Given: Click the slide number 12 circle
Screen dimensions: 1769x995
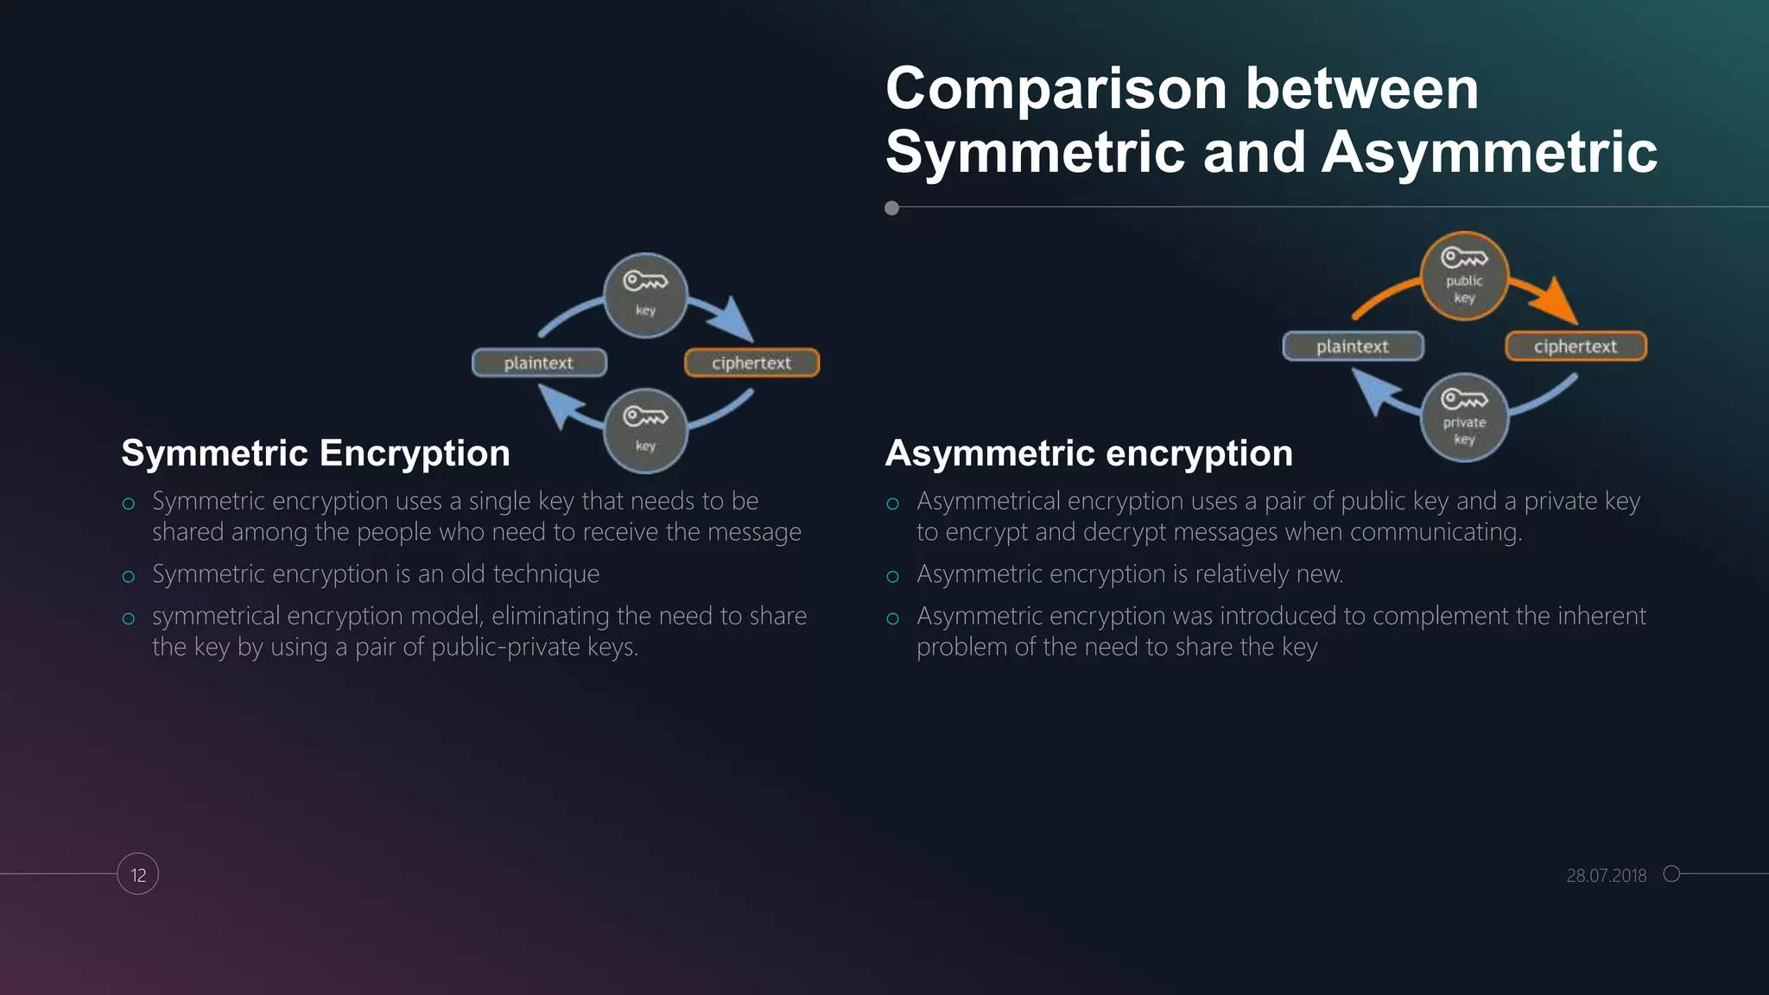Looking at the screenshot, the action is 138,874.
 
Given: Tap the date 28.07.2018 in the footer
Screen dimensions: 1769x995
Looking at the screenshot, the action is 1606,875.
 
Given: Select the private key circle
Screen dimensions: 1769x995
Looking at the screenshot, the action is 1464,418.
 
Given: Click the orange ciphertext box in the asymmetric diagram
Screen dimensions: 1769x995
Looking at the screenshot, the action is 1576,346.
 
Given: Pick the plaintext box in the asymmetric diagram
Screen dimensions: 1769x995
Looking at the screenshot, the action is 1353,346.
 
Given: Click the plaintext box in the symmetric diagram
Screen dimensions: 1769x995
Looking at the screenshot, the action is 539,363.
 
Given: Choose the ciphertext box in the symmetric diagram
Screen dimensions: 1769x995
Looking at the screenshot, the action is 751,363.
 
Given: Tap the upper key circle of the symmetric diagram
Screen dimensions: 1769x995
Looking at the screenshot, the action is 645,295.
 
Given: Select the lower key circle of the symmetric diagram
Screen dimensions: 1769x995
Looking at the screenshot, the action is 645,430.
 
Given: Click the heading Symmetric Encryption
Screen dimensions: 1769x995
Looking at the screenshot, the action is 315,453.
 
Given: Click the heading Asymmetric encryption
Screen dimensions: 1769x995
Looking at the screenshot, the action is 1088,453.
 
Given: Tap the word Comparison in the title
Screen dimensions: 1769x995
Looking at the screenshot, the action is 1056,89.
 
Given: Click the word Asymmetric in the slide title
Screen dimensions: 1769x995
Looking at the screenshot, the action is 1488,152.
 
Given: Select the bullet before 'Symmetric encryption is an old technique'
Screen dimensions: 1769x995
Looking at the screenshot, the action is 129,576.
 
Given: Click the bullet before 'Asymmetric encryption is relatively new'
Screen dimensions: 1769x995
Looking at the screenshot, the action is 893,576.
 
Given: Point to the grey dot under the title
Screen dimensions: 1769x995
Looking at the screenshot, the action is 892,208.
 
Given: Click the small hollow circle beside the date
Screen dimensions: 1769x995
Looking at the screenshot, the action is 1671,874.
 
